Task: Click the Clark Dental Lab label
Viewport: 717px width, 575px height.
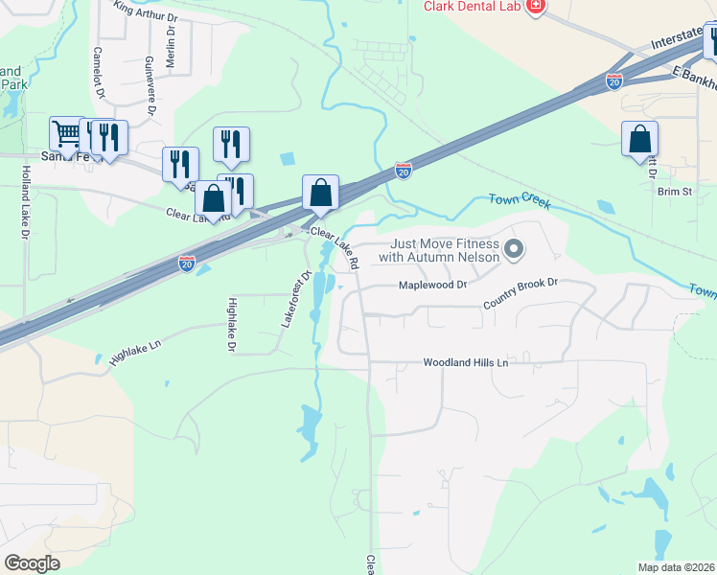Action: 473,7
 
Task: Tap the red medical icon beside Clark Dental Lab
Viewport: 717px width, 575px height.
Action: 535,8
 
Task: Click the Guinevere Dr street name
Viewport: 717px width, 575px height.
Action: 150,86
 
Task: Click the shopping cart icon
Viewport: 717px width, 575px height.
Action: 66,134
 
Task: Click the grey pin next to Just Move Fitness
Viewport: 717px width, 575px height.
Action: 514,250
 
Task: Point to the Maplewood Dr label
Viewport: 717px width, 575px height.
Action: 432,285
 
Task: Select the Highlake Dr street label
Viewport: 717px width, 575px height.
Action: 231,324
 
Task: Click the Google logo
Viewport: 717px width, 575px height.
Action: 32,563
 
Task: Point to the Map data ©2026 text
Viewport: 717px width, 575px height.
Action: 675,567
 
